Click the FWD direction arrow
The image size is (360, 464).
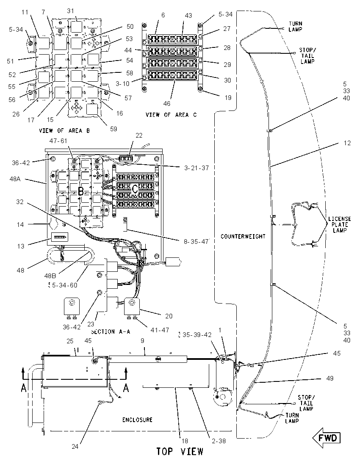coord(326,438)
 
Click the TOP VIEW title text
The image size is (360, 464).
coord(180,452)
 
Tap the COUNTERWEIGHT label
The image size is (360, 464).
coord(243,236)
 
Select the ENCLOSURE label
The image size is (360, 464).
coord(137,420)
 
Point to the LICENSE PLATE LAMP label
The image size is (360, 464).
coord(339,225)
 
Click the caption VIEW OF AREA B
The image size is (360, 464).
coord(64,130)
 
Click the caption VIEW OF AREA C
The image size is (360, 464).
coord(171,115)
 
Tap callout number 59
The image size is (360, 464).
coord(114,129)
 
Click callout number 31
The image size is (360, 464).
coord(70,11)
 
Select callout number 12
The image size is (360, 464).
coord(347,143)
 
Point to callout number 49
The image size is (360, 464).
coord(330,378)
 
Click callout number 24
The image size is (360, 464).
coord(75,446)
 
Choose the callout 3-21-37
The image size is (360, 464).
coord(197,168)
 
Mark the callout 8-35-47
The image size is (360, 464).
coord(196,242)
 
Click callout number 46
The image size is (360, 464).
coord(167,104)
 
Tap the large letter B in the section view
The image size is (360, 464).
coord(80,191)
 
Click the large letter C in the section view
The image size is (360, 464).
coord(135,188)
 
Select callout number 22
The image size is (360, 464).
coord(139,135)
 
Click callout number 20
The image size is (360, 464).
coord(169,316)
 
